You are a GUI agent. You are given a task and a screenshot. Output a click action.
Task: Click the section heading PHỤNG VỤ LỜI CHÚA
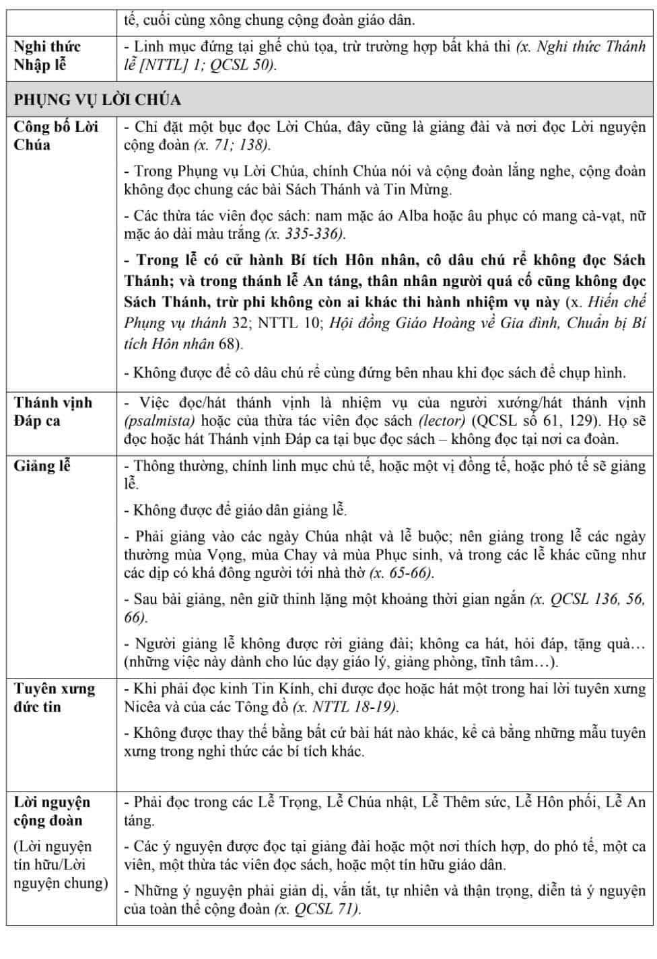[x=98, y=100]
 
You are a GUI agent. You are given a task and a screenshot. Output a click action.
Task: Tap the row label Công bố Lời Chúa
[x=56, y=136]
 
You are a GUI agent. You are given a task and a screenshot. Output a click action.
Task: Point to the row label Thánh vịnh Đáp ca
[x=53, y=412]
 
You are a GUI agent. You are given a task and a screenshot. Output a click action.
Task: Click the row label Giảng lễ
[x=42, y=465]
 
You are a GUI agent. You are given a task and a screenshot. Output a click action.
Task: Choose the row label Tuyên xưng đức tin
[x=55, y=697]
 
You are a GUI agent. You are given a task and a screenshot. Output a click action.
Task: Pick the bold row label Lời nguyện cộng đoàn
[x=52, y=811]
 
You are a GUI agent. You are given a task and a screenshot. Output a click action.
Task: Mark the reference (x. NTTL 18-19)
[x=345, y=707]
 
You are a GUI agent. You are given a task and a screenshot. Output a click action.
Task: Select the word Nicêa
[x=145, y=707]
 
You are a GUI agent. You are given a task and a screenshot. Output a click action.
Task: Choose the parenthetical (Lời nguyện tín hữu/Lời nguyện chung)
[x=61, y=864]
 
